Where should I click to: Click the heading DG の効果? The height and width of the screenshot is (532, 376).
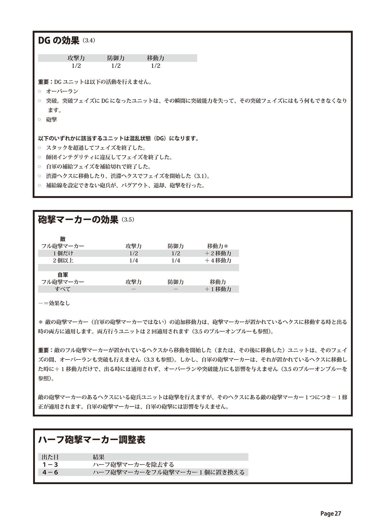click(x=59, y=41)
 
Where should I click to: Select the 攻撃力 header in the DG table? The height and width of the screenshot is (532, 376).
click(x=76, y=58)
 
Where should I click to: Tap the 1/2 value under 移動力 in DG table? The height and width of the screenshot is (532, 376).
click(x=156, y=66)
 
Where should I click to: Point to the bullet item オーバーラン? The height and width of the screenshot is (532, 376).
click(x=62, y=91)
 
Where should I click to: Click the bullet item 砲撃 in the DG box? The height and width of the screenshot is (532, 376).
click(x=51, y=120)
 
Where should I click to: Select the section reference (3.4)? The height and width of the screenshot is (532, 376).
click(x=89, y=41)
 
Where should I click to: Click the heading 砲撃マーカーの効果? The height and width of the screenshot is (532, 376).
click(x=78, y=220)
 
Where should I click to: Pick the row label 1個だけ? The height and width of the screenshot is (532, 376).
click(x=63, y=253)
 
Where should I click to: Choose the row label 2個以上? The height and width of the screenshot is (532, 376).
click(x=63, y=260)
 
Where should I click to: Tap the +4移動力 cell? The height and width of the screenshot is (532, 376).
click(x=218, y=260)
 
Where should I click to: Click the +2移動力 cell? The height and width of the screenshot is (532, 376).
click(x=218, y=253)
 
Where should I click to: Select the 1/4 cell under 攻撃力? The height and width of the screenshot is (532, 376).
click(x=133, y=260)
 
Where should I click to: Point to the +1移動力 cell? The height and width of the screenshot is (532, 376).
click(x=218, y=289)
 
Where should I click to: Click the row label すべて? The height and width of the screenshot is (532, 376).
click(x=63, y=289)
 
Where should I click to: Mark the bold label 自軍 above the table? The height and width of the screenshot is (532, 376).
click(x=63, y=275)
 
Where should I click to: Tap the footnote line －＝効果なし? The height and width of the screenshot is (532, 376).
click(x=54, y=303)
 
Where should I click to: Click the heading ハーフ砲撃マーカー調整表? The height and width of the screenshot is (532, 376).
click(x=92, y=440)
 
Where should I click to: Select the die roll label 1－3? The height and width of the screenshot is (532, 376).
click(x=50, y=464)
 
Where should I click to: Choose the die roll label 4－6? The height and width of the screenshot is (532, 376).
click(x=50, y=472)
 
